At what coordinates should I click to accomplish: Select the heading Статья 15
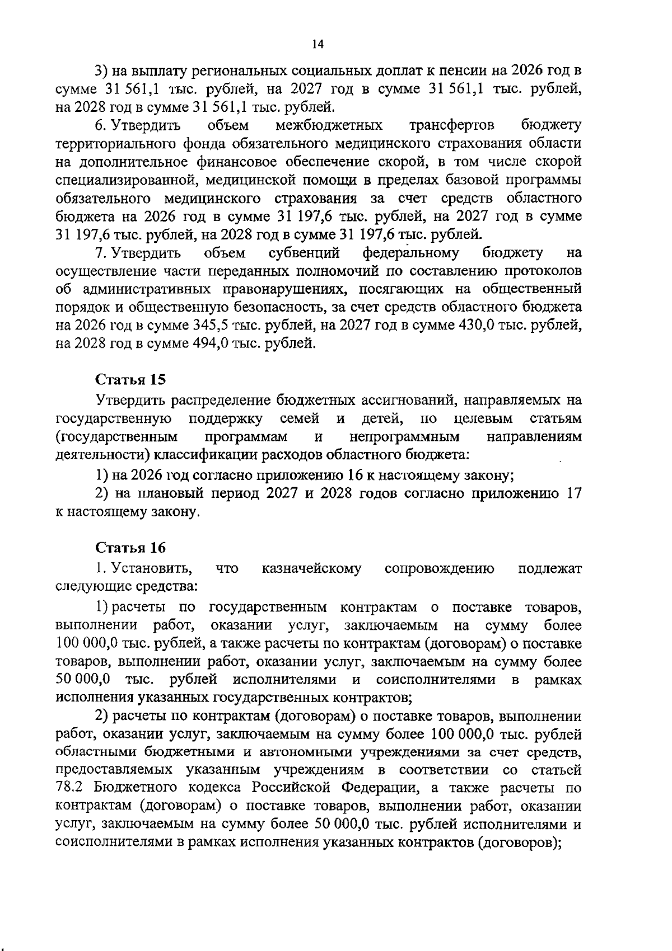coord(131,380)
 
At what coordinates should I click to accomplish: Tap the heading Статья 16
coord(131,547)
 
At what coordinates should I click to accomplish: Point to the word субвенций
coord(304,253)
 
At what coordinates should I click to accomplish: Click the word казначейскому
coord(311,569)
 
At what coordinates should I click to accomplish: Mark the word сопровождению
coord(440,569)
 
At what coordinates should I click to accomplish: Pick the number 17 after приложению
coord(573,493)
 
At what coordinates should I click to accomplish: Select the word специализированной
coord(126,180)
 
